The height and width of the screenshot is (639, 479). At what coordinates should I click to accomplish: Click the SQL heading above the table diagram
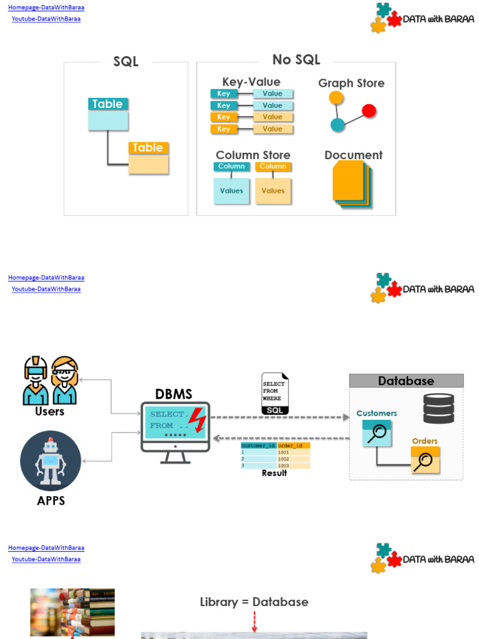click(125, 61)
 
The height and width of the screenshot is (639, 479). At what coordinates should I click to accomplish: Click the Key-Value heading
click(251, 82)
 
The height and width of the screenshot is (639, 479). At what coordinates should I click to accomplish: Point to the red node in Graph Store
click(369, 111)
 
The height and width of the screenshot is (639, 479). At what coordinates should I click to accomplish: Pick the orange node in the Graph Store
click(336, 98)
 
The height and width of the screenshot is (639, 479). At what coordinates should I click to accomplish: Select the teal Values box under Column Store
click(231, 191)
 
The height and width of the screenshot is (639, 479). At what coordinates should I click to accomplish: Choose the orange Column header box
click(273, 167)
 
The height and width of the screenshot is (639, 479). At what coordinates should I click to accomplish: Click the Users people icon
click(50, 380)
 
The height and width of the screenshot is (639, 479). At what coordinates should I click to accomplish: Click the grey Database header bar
click(406, 381)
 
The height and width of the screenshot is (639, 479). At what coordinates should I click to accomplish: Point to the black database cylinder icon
click(438, 409)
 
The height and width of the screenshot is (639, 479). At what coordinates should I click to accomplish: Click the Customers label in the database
click(377, 413)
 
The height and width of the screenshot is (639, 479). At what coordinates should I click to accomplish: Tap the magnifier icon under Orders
click(425, 461)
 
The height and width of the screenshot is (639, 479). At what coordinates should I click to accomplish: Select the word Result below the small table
click(274, 473)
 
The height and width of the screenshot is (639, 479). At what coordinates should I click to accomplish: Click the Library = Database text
click(254, 602)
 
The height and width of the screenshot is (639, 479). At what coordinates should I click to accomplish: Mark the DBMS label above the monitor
click(173, 394)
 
